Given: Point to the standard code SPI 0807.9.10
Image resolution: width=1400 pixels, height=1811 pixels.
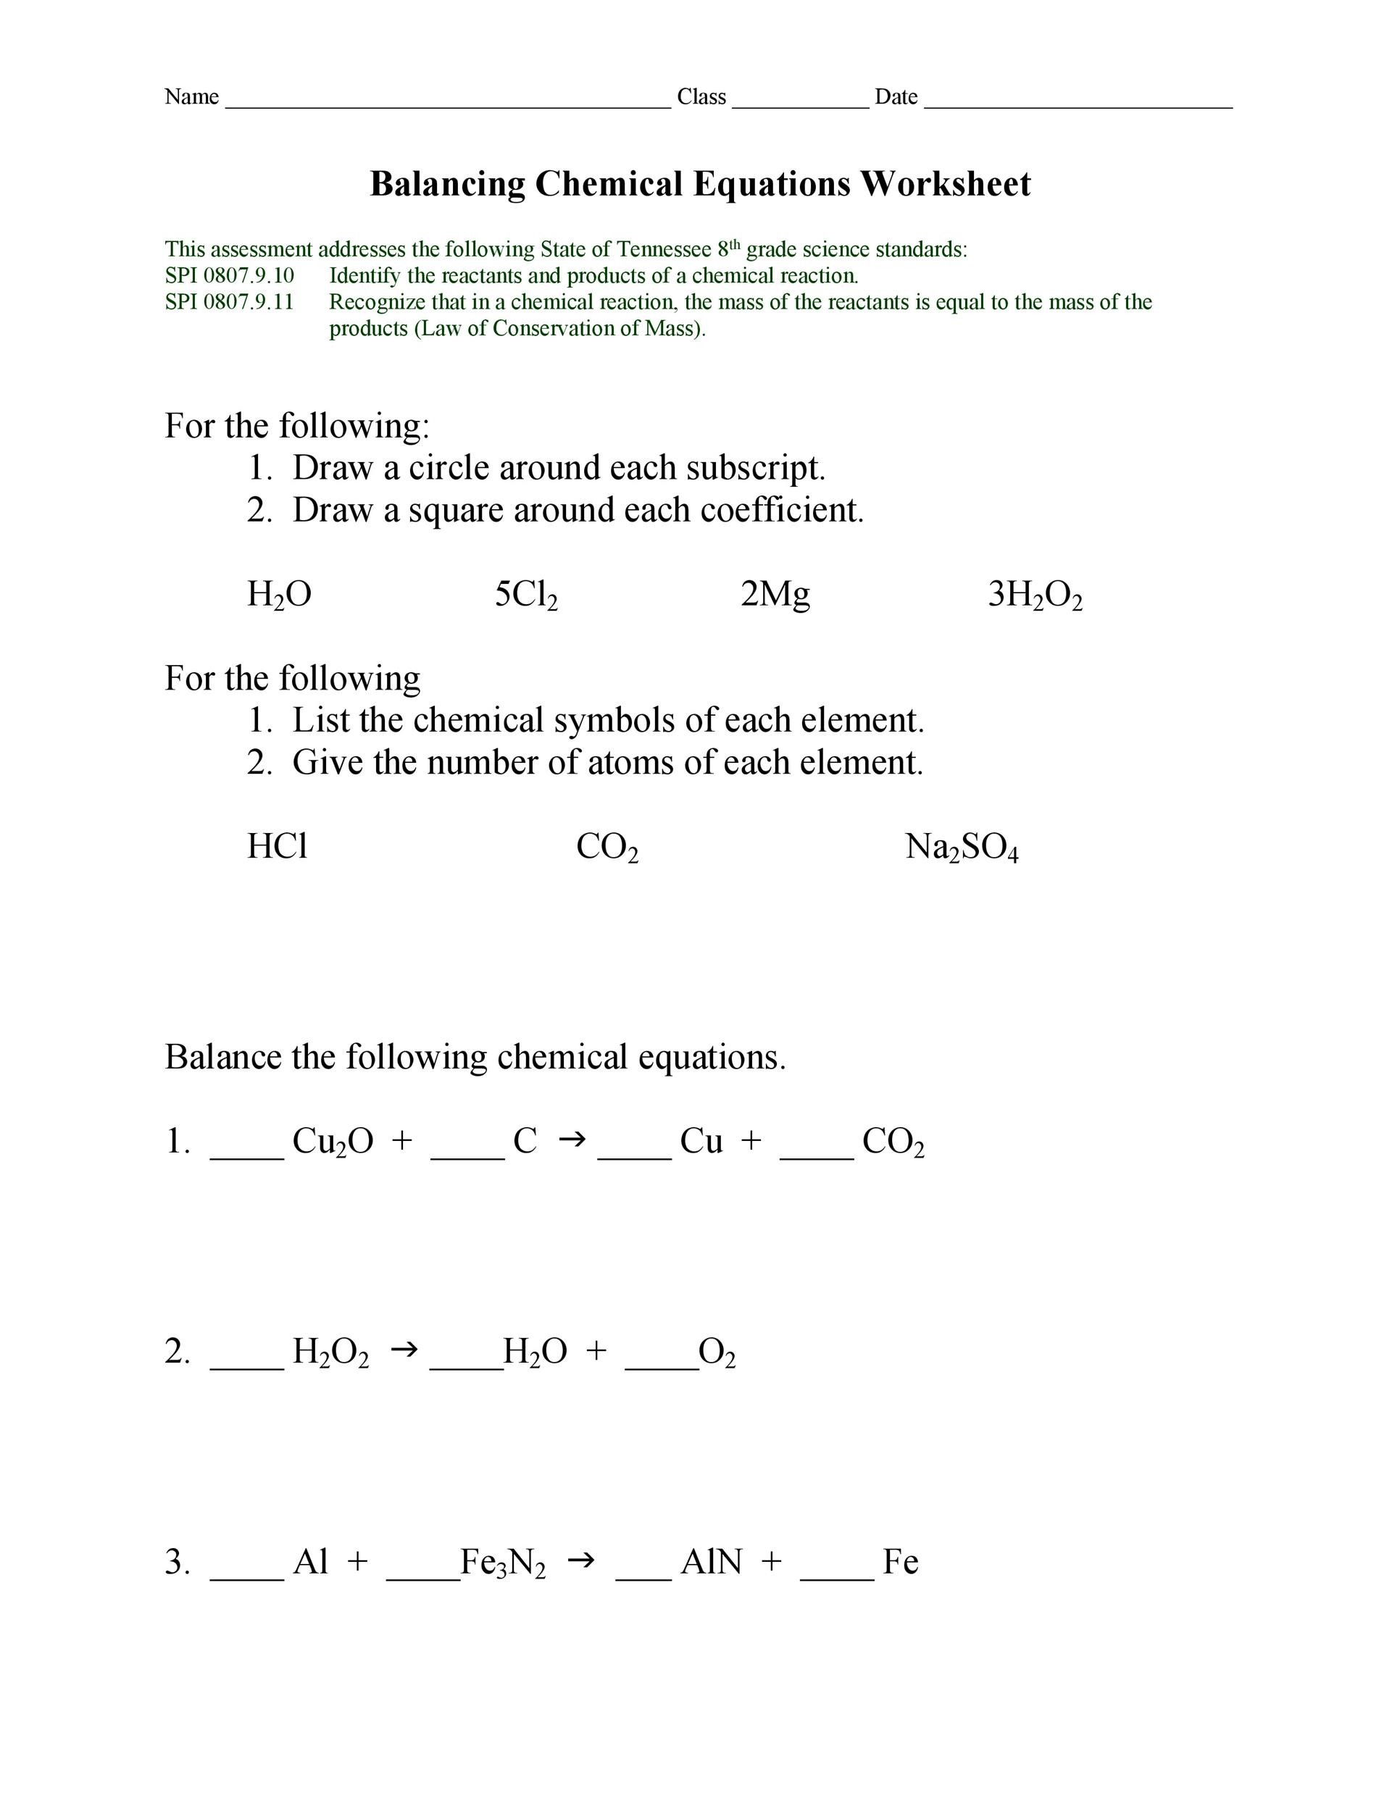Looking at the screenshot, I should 229,275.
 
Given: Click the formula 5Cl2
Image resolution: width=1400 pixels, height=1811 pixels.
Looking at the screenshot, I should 526,595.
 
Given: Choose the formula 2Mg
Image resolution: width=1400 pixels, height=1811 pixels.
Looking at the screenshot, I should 775,595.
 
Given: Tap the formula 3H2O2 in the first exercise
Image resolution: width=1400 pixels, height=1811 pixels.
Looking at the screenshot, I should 1034,595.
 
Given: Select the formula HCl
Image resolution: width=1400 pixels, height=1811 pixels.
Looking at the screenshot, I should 277,847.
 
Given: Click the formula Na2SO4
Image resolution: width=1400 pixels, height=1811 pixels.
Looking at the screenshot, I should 962,848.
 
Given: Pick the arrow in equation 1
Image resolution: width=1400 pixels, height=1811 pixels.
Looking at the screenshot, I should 572,1140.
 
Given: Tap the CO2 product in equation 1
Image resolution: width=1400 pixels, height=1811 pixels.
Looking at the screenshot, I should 893,1142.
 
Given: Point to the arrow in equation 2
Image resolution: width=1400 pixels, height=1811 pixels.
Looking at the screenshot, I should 403,1351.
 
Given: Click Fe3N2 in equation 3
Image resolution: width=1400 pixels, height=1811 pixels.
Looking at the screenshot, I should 503,1563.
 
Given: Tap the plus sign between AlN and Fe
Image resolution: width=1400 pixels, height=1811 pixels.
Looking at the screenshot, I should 770,1561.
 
